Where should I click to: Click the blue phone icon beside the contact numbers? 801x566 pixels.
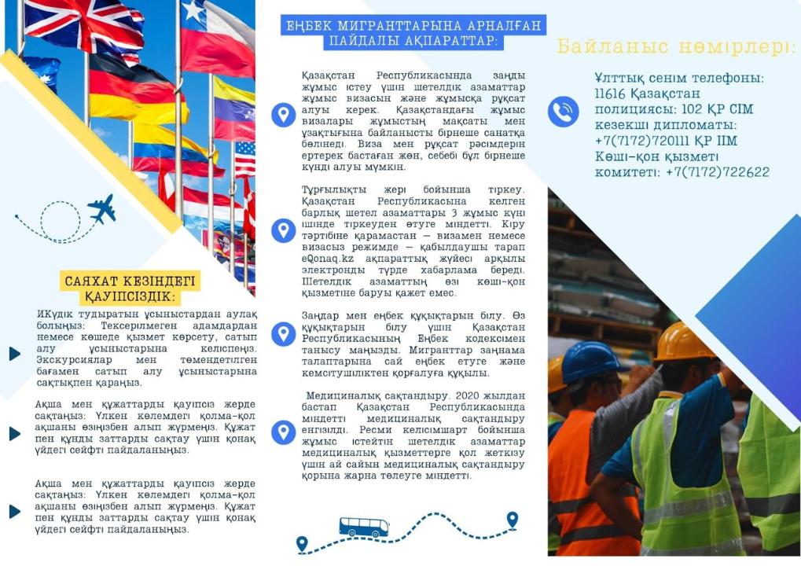coord(563,112)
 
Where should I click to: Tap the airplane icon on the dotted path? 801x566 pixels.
coord(101,208)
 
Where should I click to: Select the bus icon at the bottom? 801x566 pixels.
coord(363,527)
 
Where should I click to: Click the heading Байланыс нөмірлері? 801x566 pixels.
coord(676,47)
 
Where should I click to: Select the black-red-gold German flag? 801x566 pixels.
coord(134,88)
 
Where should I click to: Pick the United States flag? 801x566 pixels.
coord(244,158)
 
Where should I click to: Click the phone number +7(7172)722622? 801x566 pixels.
coord(717,172)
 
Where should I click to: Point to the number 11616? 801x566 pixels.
coord(611,94)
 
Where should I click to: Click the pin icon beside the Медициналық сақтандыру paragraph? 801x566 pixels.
coord(283,432)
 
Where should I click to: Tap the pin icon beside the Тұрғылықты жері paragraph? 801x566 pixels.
coord(283,230)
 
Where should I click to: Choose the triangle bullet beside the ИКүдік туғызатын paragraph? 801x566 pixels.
coord(14,354)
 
